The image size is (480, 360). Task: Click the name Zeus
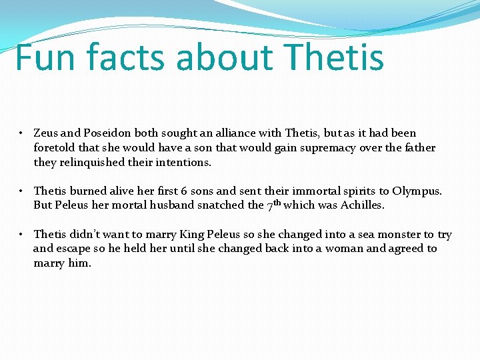tap(46, 133)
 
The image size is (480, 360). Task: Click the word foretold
tap(55, 148)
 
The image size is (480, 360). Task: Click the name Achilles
tap(362, 205)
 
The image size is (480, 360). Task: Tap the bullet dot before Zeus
tap(22, 133)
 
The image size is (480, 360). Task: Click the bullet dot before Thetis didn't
tap(22, 235)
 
